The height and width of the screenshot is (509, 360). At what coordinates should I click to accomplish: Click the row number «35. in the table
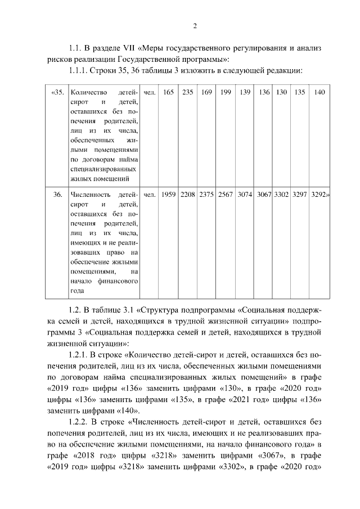coord(58,92)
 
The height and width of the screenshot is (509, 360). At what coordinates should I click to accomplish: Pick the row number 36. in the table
coord(58,195)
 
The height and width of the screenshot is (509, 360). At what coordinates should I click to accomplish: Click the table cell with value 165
coord(169,92)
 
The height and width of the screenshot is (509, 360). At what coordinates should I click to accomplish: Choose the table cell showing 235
coord(188,92)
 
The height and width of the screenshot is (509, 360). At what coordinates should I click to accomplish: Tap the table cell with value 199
coord(226,92)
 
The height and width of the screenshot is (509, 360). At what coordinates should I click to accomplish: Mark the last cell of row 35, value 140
coord(319,92)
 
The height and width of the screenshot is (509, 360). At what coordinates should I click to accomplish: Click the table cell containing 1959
coord(169,195)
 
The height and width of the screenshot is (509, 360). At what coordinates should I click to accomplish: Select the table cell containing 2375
coord(207,195)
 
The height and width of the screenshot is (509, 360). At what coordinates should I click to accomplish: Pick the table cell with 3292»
coord(320,195)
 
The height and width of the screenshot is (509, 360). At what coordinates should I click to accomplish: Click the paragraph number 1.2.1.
coord(80,355)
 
